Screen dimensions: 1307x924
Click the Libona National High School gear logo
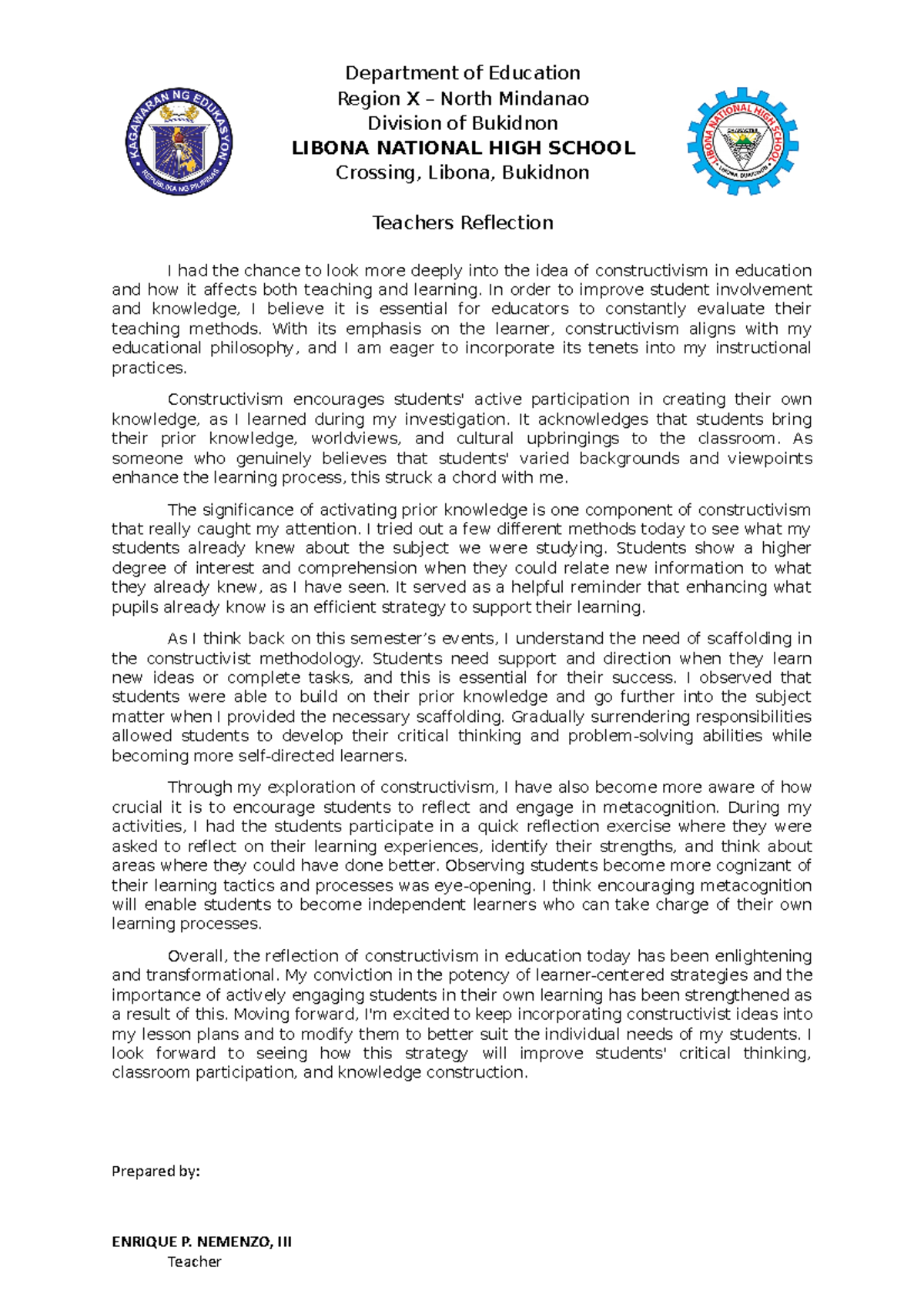(x=742, y=141)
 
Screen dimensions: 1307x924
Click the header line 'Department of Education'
(x=462, y=73)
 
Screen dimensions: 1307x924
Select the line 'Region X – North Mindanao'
(x=462, y=99)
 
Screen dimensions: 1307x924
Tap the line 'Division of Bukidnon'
(x=462, y=123)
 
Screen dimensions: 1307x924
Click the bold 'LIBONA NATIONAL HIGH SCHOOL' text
(x=463, y=148)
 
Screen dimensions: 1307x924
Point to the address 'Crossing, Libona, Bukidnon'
(x=462, y=172)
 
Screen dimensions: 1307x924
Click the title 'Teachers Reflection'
(x=462, y=222)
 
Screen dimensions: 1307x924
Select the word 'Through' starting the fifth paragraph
(x=195, y=787)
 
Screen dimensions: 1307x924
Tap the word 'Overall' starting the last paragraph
(x=196, y=956)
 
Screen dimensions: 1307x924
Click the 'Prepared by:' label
(x=156, y=1171)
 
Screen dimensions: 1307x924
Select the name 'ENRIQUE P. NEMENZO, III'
(x=202, y=1242)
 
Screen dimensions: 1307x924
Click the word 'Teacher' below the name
(x=194, y=1262)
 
